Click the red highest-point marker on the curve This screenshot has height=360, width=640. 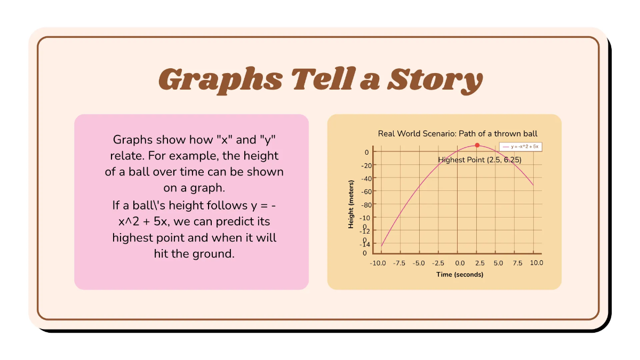tap(477, 145)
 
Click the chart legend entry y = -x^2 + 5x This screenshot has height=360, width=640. tap(522, 147)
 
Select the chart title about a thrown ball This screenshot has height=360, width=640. tap(458, 133)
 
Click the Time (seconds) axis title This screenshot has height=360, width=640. tap(459, 275)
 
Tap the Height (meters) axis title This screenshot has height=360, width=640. tap(351, 204)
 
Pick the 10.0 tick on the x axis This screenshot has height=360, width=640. tap(536, 263)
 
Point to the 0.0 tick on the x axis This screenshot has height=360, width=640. tap(459, 263)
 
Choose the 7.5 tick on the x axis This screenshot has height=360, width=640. tap(517, 263)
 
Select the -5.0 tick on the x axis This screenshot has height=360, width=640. tap(419, 263)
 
